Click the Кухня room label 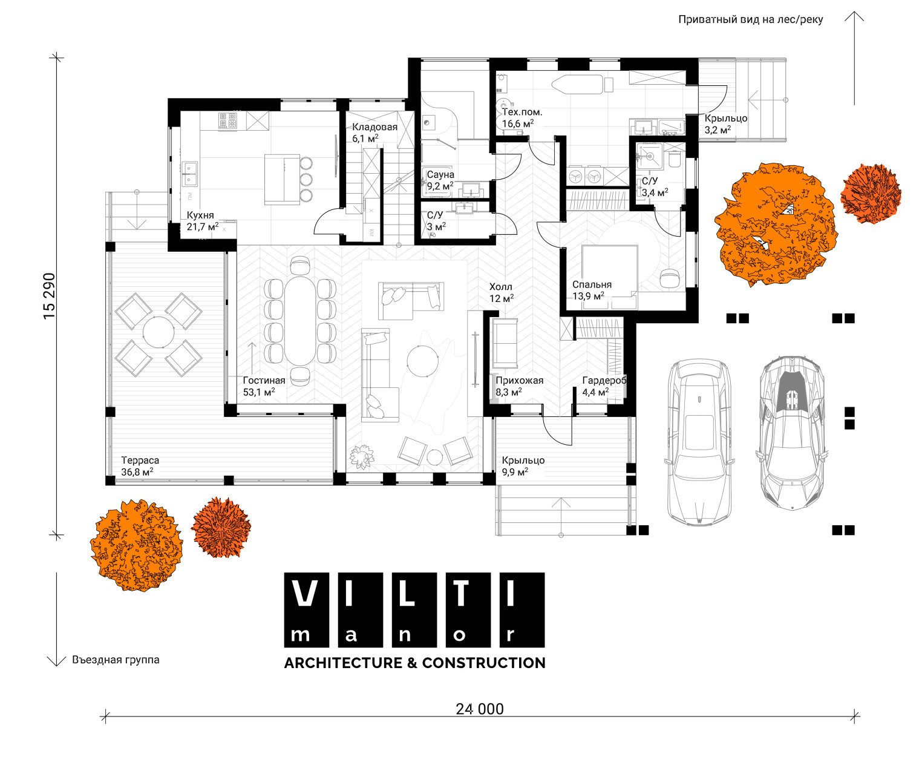click(200, 215)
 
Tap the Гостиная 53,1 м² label click(264, 386)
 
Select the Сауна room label click(440, 174)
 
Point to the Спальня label click(592, 284)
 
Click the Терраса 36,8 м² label click(140, 466)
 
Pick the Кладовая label click(374, 127)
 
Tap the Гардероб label click(604, 381)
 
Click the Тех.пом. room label click(522, 112)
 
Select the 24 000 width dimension click(480, 709)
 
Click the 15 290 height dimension click(50, 296)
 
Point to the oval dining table click(300, 321)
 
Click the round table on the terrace click(158, 332)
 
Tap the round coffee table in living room click(422, 361)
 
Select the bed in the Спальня click(609, 277)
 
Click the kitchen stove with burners click(228, 120)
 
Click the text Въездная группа click(116, 660)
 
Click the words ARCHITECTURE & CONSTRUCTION click(414, 663)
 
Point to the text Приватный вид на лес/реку click(751, 19)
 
